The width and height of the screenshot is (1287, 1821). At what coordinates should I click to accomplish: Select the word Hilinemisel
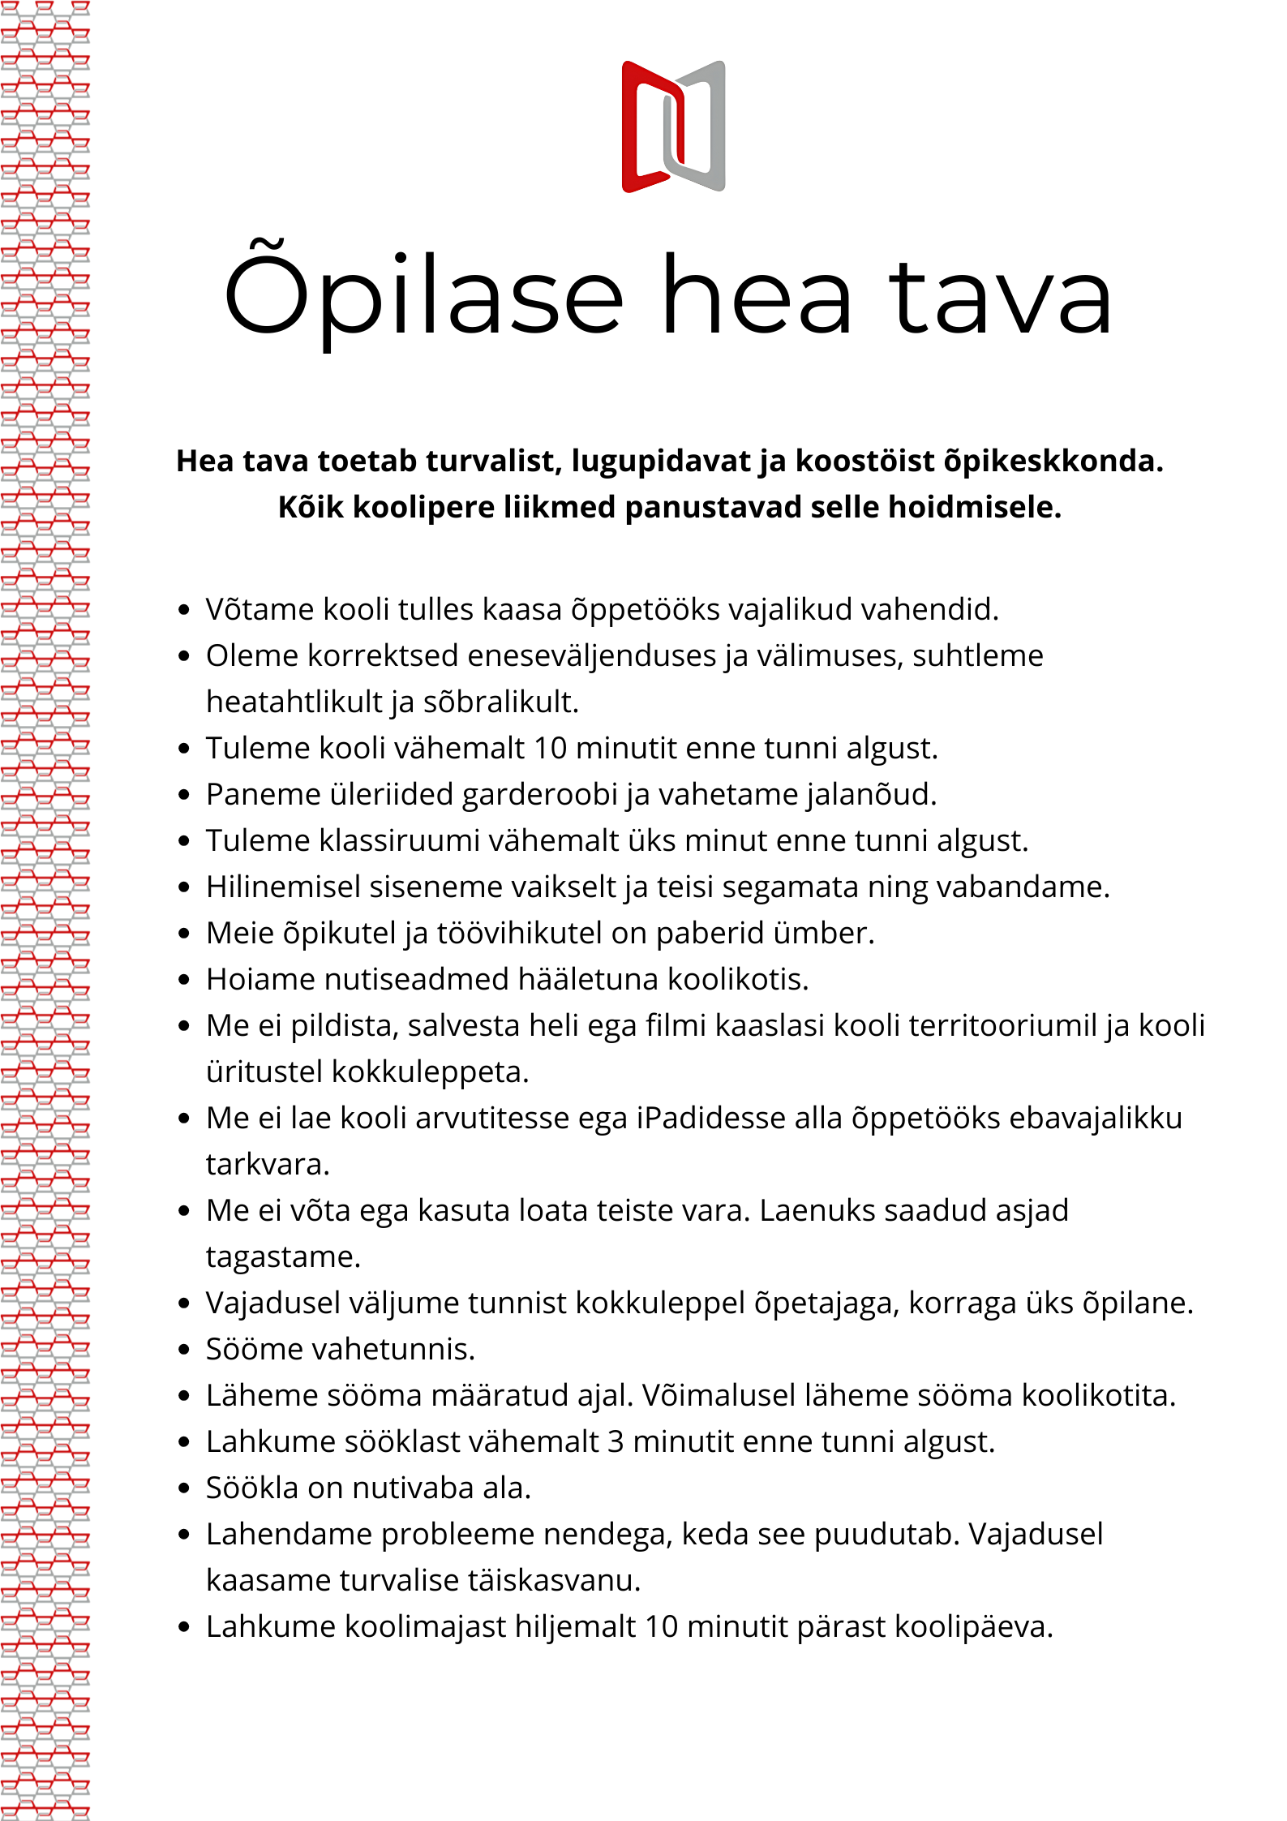(283, 887)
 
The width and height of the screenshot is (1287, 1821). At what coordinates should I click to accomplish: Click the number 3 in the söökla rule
(616, 1442)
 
